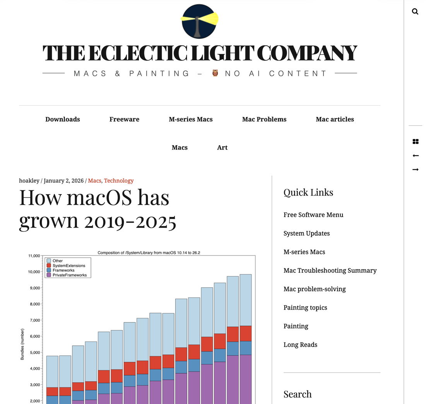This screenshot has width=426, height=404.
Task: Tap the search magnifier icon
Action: click(415, 12)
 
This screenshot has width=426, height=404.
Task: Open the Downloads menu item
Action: click(63, 119)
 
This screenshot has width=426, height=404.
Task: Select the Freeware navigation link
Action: click(124, 119)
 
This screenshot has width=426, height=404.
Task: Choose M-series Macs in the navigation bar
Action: click(191, 119)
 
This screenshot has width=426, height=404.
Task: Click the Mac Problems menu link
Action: click(264, 119)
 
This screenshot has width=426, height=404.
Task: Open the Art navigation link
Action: click(222, 148)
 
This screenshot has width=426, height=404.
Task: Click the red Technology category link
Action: click(119, 181)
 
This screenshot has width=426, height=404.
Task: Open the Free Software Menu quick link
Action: click(313, 215)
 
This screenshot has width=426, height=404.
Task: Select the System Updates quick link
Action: click(306, 234)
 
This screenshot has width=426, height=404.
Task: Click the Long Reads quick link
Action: click(300, 345)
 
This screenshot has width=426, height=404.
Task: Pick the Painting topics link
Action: click(305, 308)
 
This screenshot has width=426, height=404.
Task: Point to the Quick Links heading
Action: click(308, 193)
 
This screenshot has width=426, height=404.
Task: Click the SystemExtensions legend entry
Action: click(68, 266)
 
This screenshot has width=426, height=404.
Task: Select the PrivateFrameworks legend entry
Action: click(69, 275)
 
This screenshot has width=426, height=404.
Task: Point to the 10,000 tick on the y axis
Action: click(34, 272)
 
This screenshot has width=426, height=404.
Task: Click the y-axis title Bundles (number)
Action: click(22, 344)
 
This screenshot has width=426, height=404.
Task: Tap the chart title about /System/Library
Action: click(149, 253)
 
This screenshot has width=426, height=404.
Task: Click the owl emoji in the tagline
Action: click(216, 73)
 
